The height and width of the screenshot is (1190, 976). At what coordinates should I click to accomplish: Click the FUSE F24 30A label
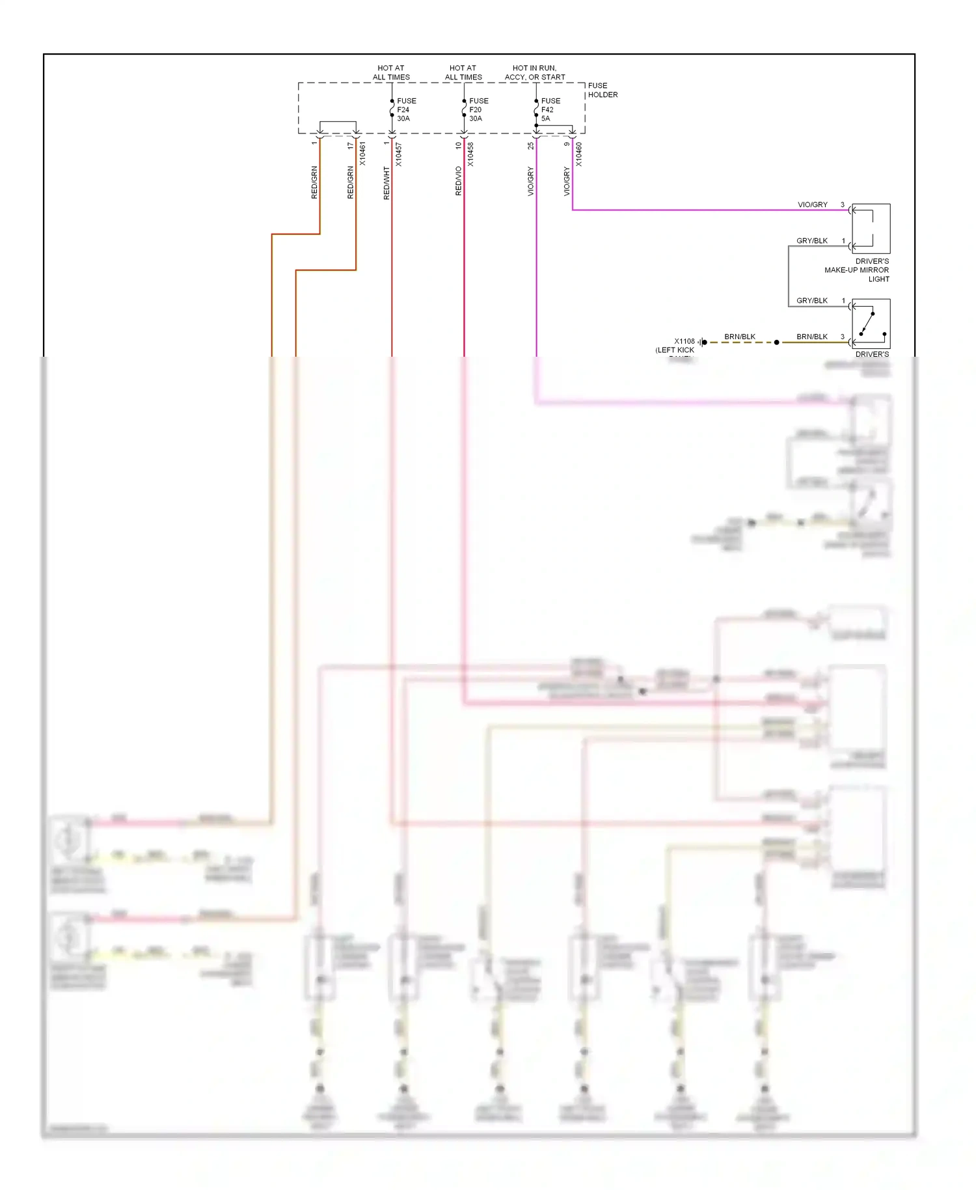406,109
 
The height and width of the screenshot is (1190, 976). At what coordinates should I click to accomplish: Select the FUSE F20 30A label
478,109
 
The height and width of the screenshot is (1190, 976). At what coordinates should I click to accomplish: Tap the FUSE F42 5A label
550,109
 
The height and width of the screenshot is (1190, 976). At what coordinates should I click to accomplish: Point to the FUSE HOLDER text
603,90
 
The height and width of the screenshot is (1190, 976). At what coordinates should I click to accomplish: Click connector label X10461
362,154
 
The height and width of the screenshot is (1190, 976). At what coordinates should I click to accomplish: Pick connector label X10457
398,154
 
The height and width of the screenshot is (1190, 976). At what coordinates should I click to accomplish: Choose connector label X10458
470,154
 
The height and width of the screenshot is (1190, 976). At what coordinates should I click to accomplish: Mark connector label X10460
578,154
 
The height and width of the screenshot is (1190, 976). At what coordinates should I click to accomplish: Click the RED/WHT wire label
386,183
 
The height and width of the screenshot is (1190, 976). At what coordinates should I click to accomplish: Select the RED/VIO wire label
459,181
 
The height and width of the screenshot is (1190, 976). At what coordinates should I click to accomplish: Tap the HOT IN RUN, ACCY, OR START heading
535,72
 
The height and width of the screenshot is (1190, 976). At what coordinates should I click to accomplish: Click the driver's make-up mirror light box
871,228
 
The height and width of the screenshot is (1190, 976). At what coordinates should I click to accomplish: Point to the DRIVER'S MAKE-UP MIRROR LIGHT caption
857,270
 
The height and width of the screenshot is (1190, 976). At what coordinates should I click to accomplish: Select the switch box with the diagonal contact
871,324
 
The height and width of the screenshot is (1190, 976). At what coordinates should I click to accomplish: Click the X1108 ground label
684,341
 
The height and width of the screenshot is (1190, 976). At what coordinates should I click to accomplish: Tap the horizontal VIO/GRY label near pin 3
813,204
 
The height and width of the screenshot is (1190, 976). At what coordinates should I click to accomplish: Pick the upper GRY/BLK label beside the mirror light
812,241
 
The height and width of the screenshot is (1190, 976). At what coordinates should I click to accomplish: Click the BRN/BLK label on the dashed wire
740,337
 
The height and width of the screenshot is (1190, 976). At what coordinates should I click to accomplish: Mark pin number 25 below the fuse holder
531,146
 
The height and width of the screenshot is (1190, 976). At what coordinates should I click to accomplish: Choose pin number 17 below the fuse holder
351,146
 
